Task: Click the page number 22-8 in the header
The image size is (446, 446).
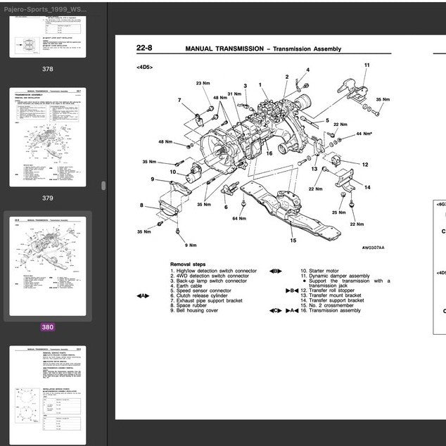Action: [144, 49]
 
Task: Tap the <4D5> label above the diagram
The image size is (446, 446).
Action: [145, 67]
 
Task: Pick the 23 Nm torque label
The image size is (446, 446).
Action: [203, 84]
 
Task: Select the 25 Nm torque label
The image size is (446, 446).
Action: [339, 212]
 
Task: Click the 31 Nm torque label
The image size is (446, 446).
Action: [234, 94]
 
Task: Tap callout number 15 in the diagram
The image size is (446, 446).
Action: [293, 241]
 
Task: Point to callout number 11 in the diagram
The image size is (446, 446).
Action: [367, 65]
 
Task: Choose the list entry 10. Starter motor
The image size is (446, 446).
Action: [319, 271]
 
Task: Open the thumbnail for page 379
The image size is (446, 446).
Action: [47, 137]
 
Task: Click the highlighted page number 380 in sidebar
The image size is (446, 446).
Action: [47, 326]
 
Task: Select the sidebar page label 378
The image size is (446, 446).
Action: [47, 69]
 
